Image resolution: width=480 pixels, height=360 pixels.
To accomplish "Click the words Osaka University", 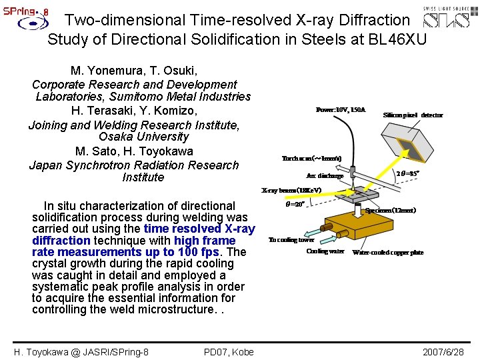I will point(134,137).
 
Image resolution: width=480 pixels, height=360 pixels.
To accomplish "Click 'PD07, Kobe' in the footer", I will point(229,351).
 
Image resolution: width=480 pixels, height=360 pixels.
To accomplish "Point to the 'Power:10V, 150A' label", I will point(341,109).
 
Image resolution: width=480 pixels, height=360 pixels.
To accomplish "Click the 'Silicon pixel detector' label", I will point(413,115).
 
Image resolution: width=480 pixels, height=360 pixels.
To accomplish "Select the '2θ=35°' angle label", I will point(408,173).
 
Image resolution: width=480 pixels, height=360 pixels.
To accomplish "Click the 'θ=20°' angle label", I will point(295,205).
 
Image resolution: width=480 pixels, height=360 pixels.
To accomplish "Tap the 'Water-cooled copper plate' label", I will point(387,253).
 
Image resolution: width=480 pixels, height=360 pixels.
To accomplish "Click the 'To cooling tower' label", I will point(291,239).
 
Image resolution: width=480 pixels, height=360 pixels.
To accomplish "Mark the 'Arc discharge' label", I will point(325,176).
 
